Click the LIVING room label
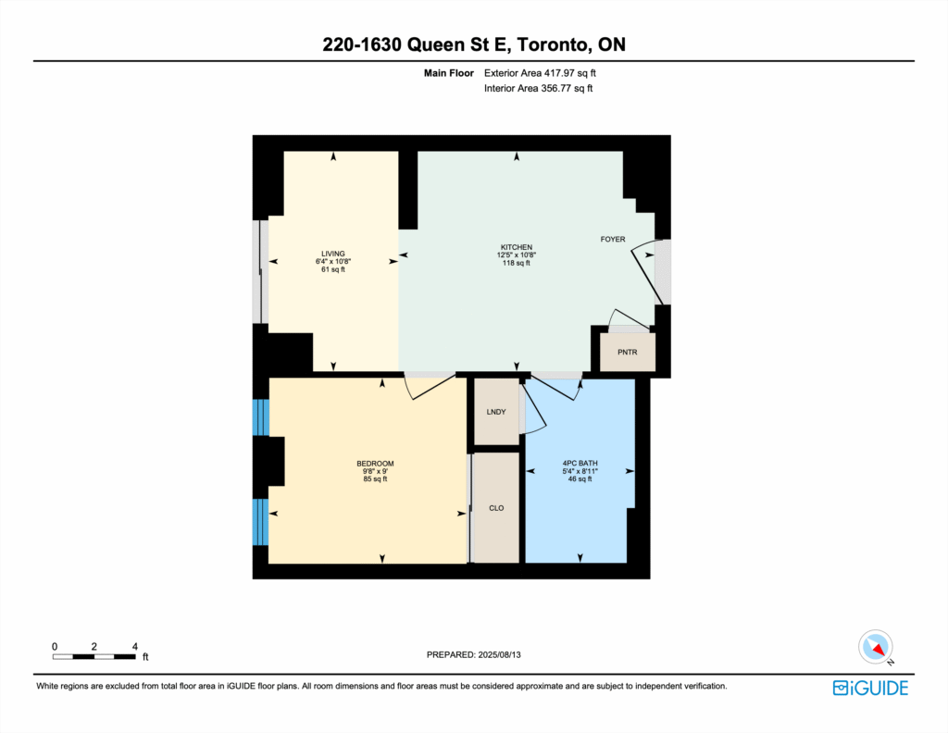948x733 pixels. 333,254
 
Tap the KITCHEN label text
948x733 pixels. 517,247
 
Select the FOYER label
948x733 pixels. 613,240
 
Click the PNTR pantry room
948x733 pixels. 627,352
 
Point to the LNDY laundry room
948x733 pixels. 496,412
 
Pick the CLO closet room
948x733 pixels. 496,507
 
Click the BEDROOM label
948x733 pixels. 375,464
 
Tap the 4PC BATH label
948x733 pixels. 580,464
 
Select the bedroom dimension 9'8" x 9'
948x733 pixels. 375,471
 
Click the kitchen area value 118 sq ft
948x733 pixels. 517,263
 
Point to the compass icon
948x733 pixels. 876,647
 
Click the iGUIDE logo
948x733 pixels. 870,688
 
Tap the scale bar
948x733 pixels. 94,656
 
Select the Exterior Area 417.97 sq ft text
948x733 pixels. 540,73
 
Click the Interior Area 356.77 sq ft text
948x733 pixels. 538,88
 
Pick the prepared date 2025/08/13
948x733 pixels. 499,654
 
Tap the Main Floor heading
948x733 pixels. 449,73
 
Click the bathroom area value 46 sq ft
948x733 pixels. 580,479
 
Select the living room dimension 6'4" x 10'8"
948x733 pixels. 333,262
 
